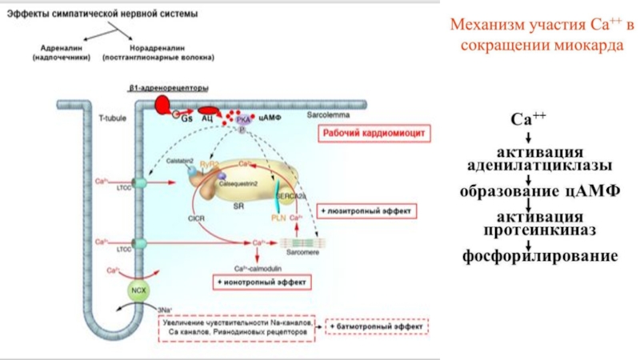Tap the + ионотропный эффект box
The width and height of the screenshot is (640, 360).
262,282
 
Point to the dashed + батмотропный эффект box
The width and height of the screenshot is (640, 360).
378,327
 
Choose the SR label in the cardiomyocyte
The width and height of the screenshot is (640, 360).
238,206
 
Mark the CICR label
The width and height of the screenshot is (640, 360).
195,218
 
